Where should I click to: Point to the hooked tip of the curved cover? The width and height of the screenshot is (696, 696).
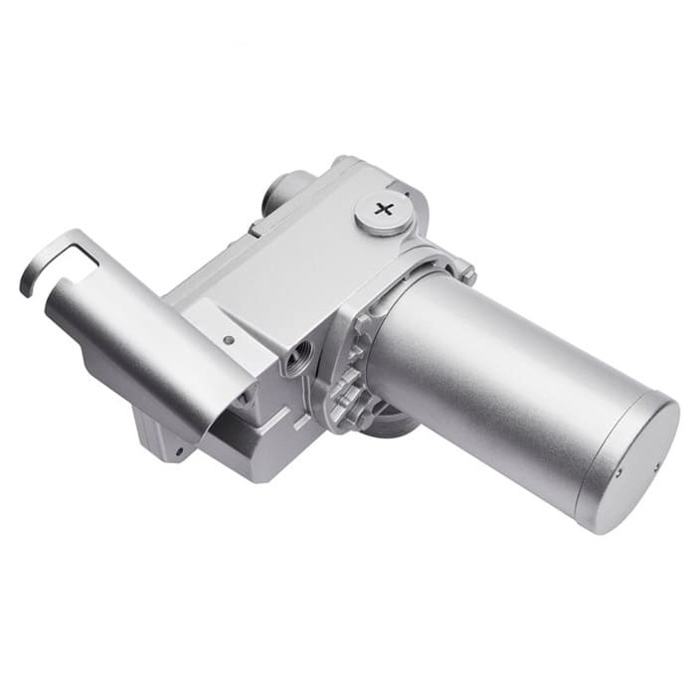(x=27, y=276)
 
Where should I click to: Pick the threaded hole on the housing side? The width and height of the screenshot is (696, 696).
(x=296, y=355)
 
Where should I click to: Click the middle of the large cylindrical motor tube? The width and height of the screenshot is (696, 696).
(x=497, y=383)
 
